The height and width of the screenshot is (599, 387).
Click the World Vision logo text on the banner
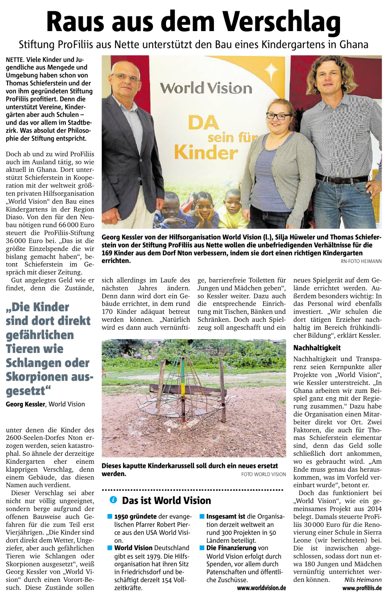tap(206, 88)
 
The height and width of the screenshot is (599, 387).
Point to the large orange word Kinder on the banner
tap(206, 153)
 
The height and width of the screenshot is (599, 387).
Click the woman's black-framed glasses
tap(278, 116)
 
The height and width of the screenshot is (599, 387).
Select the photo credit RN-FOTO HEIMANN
tap(361, 261)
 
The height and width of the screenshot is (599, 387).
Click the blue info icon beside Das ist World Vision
tap(113, 500)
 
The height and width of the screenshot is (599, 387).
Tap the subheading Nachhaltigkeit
tap(317, 348)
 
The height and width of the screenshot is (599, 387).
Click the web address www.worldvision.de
tap(261, 588)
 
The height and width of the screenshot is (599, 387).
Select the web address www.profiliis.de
tap(362, 588)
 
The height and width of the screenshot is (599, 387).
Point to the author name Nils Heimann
tap(363, 579)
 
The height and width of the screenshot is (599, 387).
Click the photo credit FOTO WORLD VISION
tap(263, 474)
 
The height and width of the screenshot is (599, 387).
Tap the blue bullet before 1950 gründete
tap(110, 516)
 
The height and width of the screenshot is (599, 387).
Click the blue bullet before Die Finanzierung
tap(202, 548)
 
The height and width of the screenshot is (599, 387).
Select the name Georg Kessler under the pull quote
tap(25, 404)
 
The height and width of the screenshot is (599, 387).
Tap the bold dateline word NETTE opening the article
tap(15, 60)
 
